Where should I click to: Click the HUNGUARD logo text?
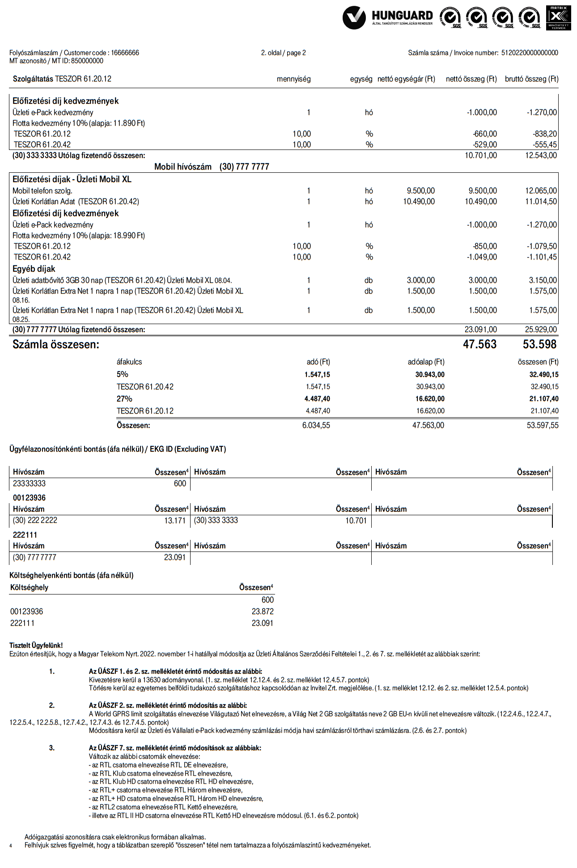click(402, 16)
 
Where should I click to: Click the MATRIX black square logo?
click(558, 17)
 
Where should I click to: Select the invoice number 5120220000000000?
click(530, 53)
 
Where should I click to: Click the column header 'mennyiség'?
click(293, 79)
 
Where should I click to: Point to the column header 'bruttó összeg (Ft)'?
click(531, 79)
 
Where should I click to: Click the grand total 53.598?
click(539, 344)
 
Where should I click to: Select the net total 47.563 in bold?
click(479, 344)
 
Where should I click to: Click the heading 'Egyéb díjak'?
click(34, 269)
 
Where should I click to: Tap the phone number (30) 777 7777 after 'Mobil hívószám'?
click(244, 167)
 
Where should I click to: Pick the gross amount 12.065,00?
click(541, 191)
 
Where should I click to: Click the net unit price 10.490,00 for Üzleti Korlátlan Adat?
click(419, 201)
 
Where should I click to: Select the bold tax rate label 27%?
click(124, 399)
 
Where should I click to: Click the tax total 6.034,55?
click(316, 425)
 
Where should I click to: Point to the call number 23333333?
click(29, 483)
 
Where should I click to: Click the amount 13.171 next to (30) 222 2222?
click(175, 521)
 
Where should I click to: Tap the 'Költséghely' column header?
click(29, 587)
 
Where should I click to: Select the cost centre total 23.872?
click(263, 611)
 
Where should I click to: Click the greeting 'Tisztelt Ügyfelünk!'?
click(36, 646)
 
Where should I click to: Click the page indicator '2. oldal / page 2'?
click(284, 53)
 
